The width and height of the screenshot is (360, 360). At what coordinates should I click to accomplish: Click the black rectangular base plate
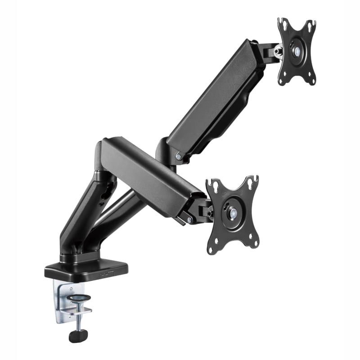(85, 269)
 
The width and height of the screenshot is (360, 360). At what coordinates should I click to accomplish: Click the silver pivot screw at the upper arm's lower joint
(179, 157)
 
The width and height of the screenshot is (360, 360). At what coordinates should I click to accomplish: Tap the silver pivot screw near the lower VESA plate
(190, 220)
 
